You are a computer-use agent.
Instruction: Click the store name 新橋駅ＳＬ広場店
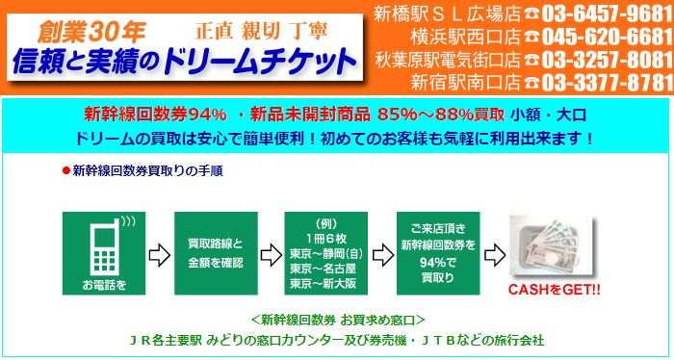coord(447,14)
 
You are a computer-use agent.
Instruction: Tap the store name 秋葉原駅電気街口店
coord(448,59)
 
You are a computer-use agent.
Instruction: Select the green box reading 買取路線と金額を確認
coord(215,252)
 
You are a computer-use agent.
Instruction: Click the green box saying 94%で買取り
coord(438,252)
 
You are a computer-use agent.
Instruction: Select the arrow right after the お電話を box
coord(159,253)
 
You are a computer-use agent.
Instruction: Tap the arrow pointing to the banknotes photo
coord(493,253)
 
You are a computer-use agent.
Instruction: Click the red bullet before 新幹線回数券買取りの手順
coord(65,170)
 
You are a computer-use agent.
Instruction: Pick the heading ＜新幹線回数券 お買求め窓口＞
coord(336,319)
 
